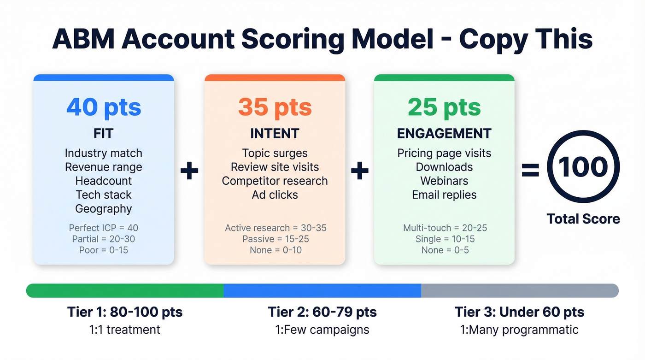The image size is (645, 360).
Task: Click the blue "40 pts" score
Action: [104, 107]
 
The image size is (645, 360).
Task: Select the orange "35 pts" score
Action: [275, 107]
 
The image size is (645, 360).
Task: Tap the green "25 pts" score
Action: [444, 107]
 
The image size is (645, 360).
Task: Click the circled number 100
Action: [583, 167]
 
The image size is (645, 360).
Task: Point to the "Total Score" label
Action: [583, 218]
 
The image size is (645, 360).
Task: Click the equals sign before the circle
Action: [531, 171]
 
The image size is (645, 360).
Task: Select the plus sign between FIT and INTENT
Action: [189, 171]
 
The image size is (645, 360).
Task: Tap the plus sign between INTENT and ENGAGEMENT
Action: [359, 171]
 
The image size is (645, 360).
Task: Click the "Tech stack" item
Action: [104, 195]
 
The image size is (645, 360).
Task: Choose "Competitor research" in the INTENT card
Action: [275, 181]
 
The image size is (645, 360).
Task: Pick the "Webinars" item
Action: [444, 181]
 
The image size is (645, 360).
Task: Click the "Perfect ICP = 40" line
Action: [104, 228]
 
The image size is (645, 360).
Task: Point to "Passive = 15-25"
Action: [275, 239]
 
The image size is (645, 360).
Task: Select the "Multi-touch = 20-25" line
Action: [444, 228]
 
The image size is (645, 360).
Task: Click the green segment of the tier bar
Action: [124, 290]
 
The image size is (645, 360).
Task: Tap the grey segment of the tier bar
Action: [520, 290]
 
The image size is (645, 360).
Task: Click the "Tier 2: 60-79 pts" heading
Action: [322, 312]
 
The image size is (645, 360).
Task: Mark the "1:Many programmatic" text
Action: [519, 330]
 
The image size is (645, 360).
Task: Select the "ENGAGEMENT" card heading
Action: [444, 134]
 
